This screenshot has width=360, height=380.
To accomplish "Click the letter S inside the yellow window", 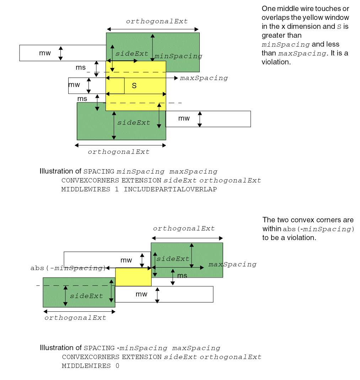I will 134,86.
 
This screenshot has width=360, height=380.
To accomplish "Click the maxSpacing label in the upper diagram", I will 204,78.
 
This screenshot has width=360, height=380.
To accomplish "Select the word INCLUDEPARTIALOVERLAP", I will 170,189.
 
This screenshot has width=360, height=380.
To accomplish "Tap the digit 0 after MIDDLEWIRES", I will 117,366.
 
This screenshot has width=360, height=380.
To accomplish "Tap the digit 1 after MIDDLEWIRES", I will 117,189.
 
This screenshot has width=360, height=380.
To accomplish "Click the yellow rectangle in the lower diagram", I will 133,277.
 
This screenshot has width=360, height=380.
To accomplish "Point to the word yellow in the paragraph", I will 313,17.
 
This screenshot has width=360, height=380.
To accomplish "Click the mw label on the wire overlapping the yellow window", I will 74,85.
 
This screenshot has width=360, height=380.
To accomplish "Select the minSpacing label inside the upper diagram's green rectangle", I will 178,56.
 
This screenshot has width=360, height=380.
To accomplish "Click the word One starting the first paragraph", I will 268,9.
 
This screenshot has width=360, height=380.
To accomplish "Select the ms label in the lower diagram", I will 182,276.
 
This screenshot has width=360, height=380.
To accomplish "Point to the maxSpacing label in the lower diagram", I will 232,264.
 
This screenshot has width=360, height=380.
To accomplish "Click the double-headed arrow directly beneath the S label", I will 136,94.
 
